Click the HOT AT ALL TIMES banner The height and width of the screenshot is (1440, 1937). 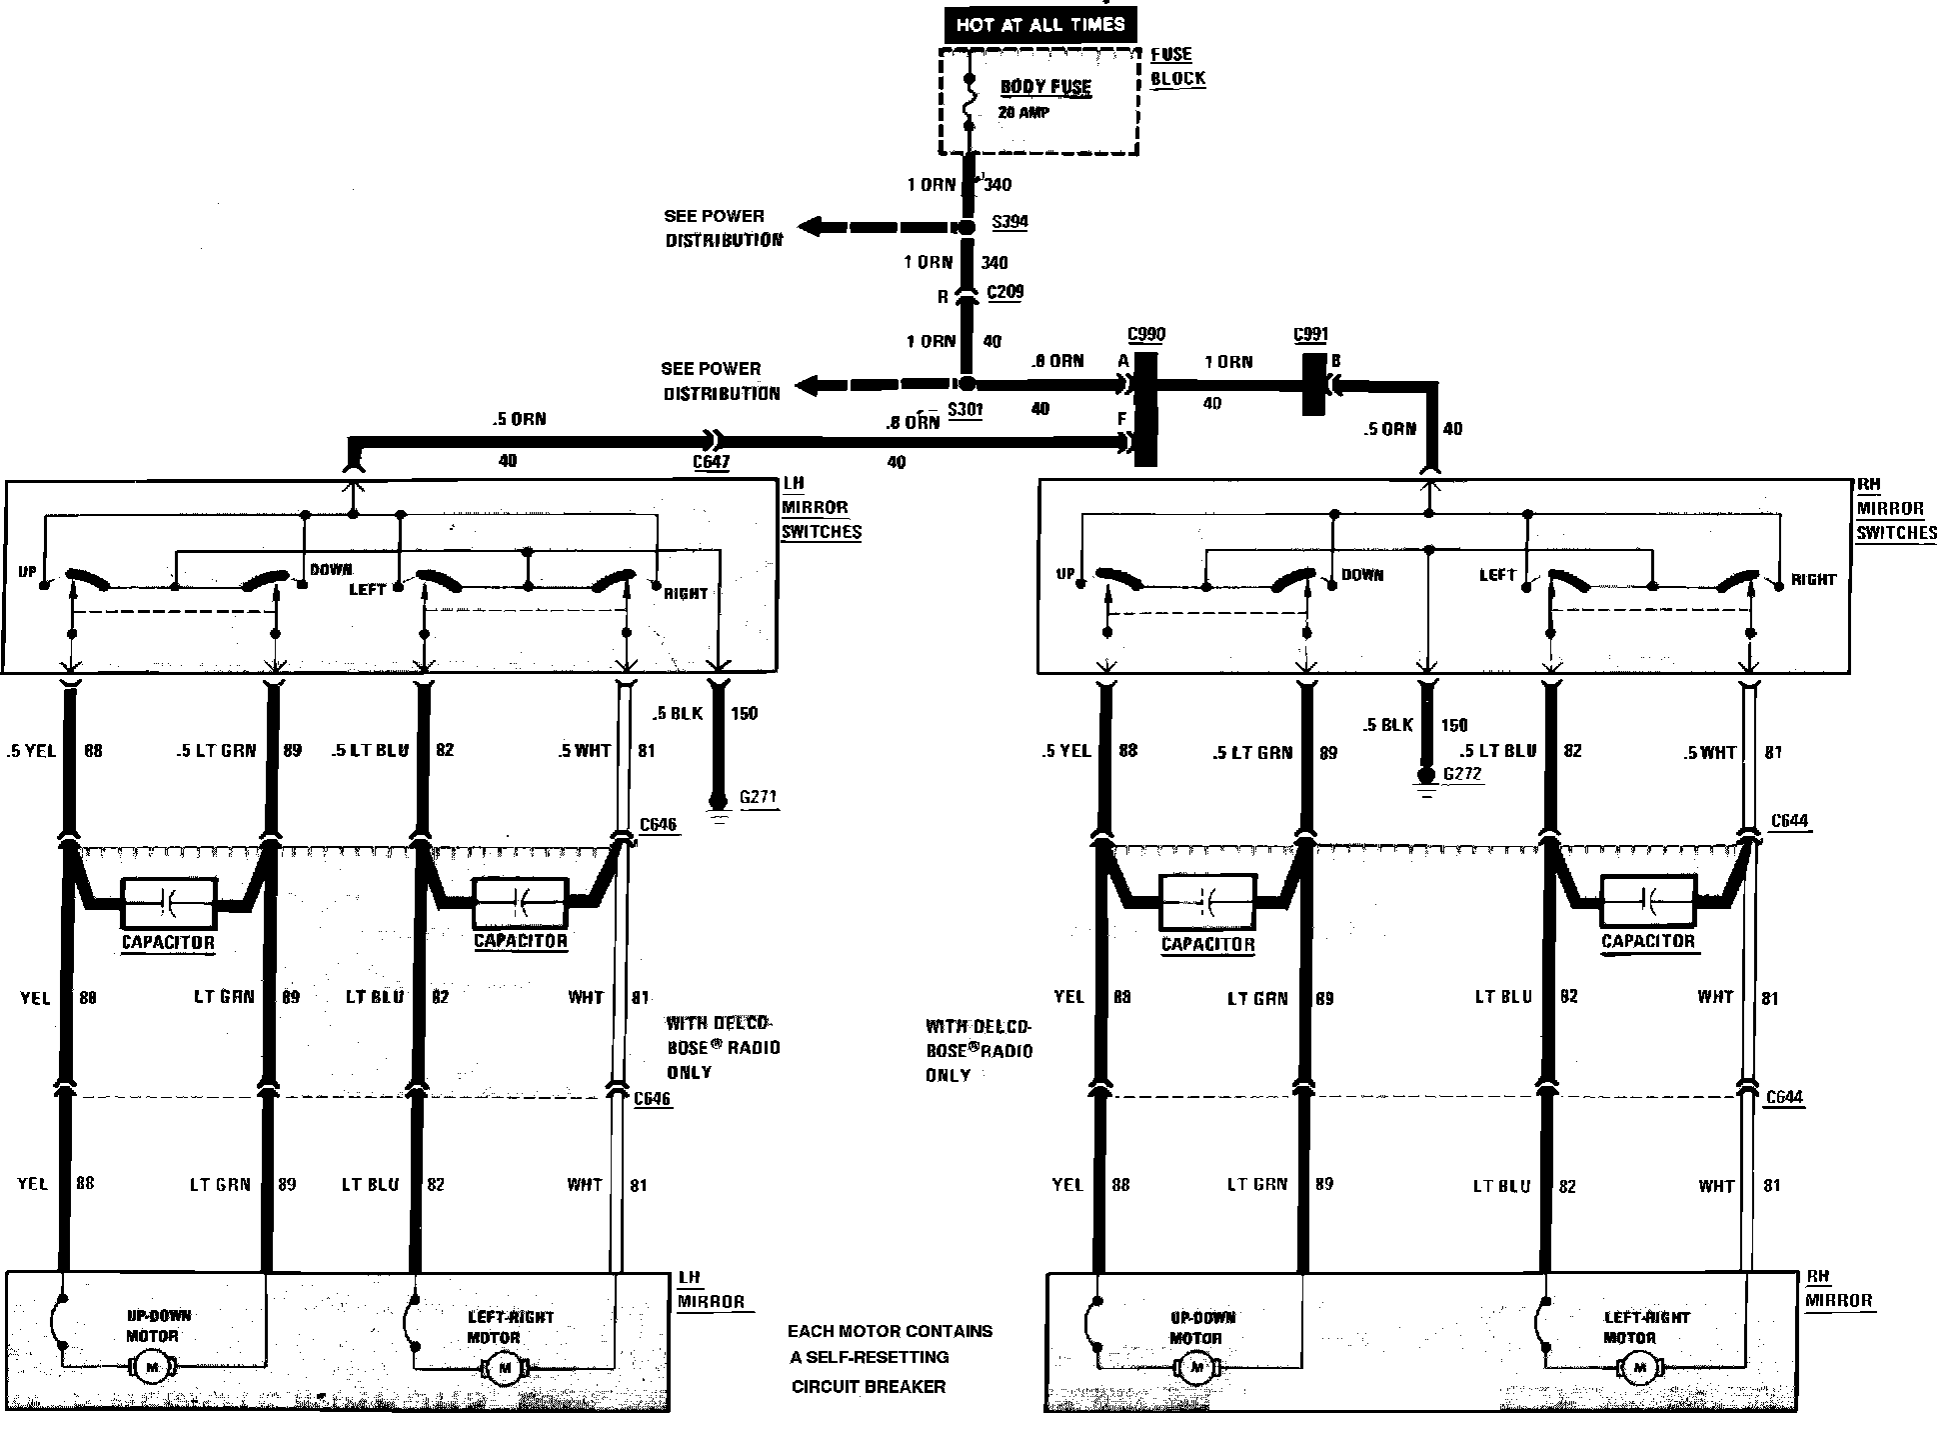tap(1039, 24)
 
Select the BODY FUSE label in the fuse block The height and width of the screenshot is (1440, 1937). tap(1045, 87)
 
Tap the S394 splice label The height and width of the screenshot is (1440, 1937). tap(1008, 222)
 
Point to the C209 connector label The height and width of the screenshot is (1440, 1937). tap(1004, 292)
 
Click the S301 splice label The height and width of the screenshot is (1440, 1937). tap(965, 409)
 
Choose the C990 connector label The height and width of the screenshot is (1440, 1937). tap(1145, 335)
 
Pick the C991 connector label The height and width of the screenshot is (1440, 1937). tap(1310, 335)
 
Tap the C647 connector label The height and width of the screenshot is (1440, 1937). tap(711, 462)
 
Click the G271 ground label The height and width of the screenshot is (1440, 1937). tap(758, 798)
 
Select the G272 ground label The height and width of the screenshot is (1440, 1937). tap(1462, 774)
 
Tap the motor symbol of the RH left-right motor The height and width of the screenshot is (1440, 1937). tap(1637, 1366)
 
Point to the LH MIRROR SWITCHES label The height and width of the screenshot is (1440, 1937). tap(821, 508)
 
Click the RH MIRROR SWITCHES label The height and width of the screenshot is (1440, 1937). tap(1896, 509)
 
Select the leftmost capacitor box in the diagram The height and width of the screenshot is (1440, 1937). tap(168, 905)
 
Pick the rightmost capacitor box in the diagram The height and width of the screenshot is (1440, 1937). tap(1647, 904)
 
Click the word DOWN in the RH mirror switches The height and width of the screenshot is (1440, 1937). tap(1361, 576)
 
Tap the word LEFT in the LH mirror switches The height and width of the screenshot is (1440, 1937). tap(367, 590)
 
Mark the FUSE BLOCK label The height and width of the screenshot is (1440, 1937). tap(1176, 67)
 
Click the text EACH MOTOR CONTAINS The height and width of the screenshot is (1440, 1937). tap(890, 1331)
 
